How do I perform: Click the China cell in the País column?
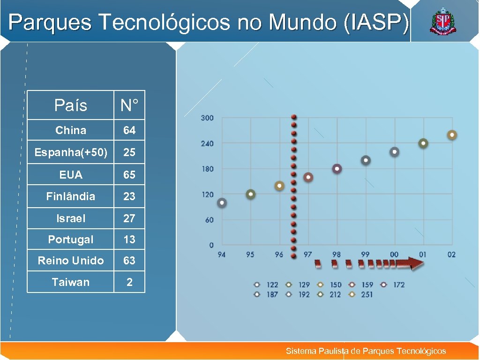point(71,130)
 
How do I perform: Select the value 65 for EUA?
point(129,175)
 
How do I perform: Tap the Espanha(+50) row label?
point(71,153)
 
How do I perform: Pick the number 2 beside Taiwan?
point(129,282)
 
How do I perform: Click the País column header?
point(71,105)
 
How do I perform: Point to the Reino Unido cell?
point(71,261)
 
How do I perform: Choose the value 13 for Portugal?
point(129,240)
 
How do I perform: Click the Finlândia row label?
point(71,196)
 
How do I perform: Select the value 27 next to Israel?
point(129,218)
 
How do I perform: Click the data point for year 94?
point(222,203)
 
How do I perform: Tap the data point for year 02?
point(452,135)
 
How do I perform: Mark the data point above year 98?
point(337,169)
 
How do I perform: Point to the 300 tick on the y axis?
point(207,118)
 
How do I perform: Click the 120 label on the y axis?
point(207,195)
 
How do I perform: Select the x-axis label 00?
point(394,255)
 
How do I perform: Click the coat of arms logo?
point(442,22)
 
